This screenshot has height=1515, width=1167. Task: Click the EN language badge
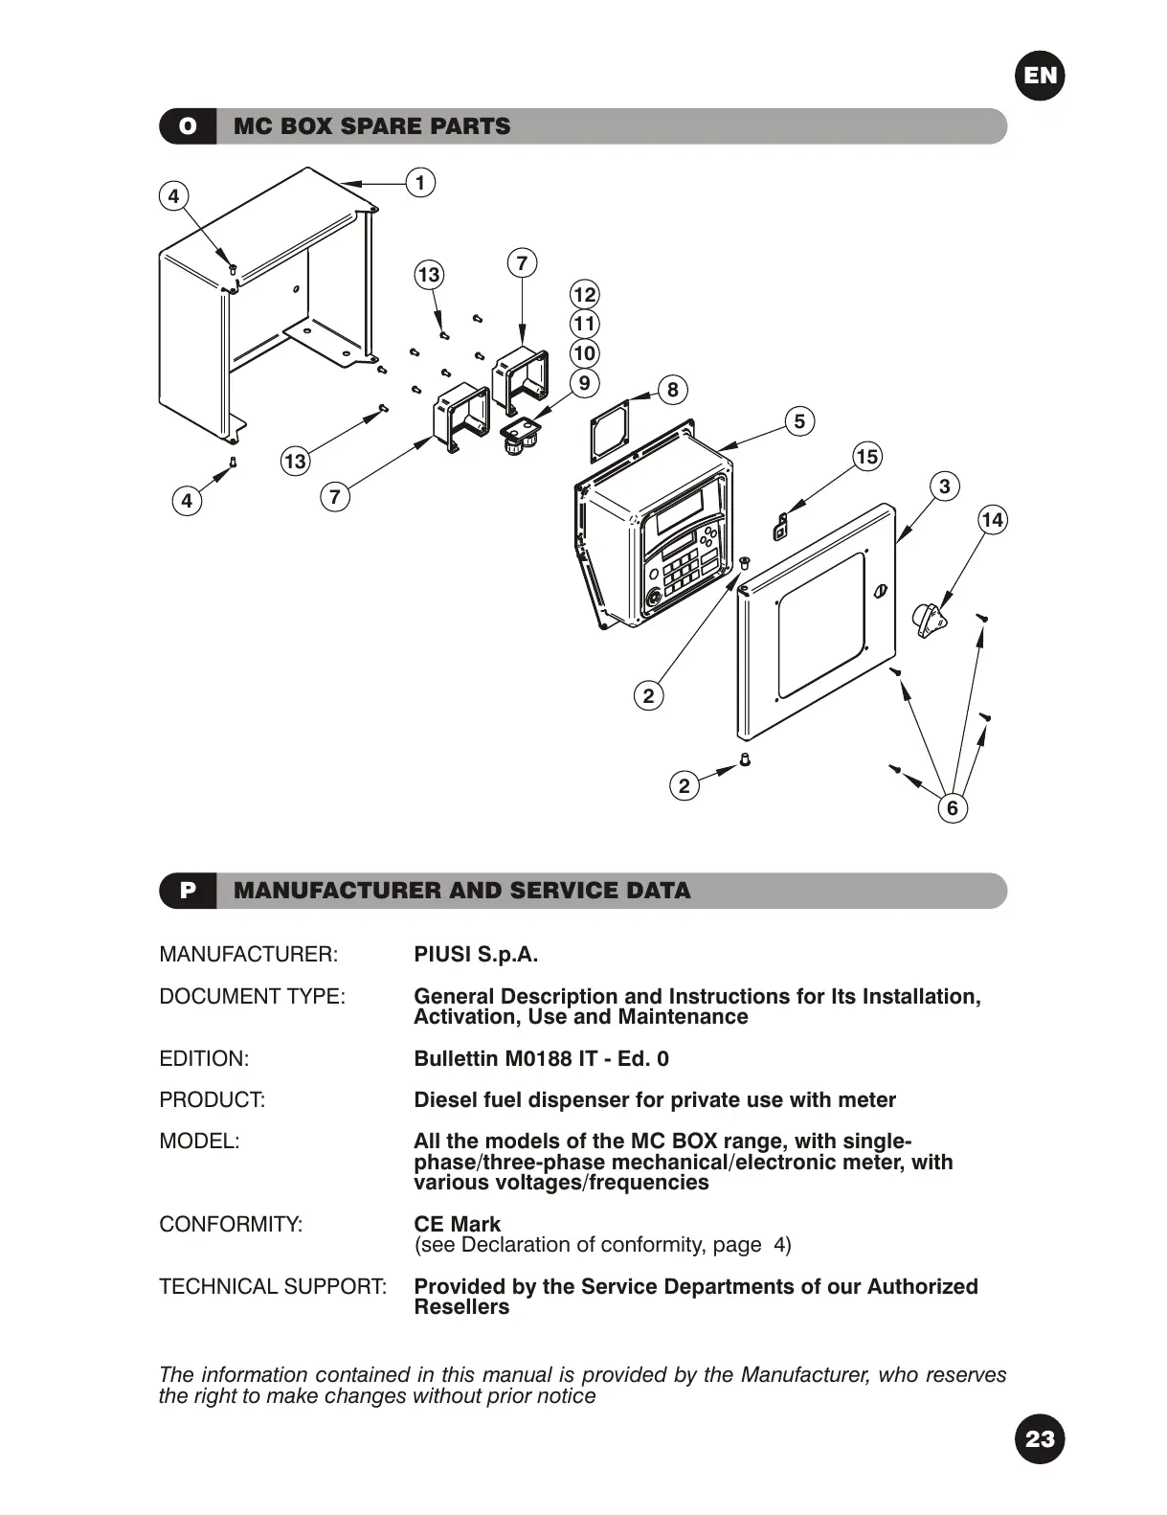coord(1040,76)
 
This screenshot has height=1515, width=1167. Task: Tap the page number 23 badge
coord(1040,1438)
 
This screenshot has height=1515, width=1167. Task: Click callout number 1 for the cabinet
coord(419,182)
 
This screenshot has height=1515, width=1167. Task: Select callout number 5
coord(799,420)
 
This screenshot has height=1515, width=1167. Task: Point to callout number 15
coord(867,457)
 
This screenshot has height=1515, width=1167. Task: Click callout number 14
coord(993,520)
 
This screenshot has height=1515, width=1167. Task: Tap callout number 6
coord(952,808)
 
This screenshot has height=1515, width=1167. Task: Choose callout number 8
coord(672,389)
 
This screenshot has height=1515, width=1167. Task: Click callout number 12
coord(584,295)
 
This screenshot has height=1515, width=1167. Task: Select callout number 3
coord(944,486)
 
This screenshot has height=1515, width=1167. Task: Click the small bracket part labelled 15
coord(781,525)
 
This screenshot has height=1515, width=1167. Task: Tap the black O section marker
coord(188,126)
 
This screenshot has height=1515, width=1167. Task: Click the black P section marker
coord(188,891)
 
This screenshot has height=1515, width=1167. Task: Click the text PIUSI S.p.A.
coord(476,955)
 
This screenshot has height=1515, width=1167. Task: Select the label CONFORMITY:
coord(231,1224)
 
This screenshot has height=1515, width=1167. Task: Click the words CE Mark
coord(457,1224)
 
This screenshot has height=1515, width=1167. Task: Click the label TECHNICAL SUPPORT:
coord(273,1286)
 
